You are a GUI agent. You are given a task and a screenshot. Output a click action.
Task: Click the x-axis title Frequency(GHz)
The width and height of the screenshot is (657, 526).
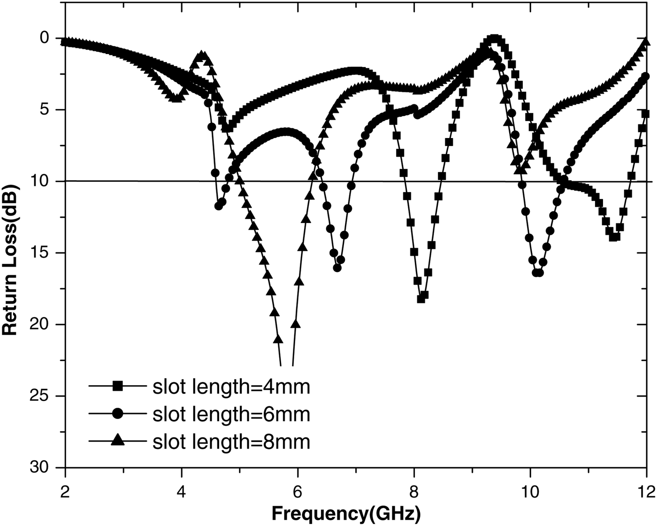(x=346, y=513)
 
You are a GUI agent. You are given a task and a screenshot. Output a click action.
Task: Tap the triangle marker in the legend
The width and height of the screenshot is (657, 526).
(x=118, y=441)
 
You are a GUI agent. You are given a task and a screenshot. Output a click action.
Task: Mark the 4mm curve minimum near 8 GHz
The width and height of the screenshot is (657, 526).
(x=421, y=299)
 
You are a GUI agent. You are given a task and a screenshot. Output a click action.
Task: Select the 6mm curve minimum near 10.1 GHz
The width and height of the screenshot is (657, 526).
(x=537, y=272)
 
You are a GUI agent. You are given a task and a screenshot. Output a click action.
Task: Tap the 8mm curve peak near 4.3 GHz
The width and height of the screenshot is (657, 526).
(x=202, y=55)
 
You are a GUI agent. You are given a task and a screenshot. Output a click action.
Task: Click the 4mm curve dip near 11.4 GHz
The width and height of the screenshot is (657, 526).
(x=613, y=237)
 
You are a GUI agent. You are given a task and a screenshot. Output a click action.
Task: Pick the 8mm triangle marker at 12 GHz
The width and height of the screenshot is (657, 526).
(x=646, y=42)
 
